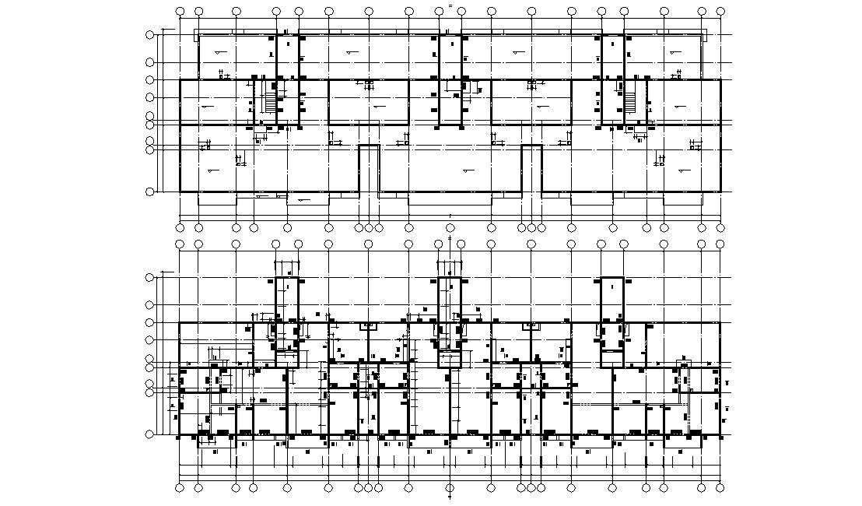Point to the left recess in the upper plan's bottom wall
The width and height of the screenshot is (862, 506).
point(369,168)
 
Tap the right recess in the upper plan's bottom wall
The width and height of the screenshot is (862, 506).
point(531,168)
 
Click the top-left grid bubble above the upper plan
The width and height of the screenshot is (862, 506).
point(180,12)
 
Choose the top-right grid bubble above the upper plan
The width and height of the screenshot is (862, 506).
point(720,12)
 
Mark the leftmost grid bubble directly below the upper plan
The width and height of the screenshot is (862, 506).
point(180,228)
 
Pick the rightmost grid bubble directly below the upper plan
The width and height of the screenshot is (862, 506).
point(720,228)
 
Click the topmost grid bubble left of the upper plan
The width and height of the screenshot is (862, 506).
point(149,35)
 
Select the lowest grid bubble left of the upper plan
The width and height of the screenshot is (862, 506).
point(149,192)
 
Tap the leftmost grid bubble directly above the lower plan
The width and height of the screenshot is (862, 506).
point(180,244)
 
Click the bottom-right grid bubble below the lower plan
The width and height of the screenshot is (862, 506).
point(720,488)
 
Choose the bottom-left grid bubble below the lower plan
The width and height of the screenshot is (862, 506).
point(180,488)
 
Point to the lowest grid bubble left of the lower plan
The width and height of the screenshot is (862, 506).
point(149,434)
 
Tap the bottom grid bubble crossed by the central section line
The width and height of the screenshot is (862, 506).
point(450,488)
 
